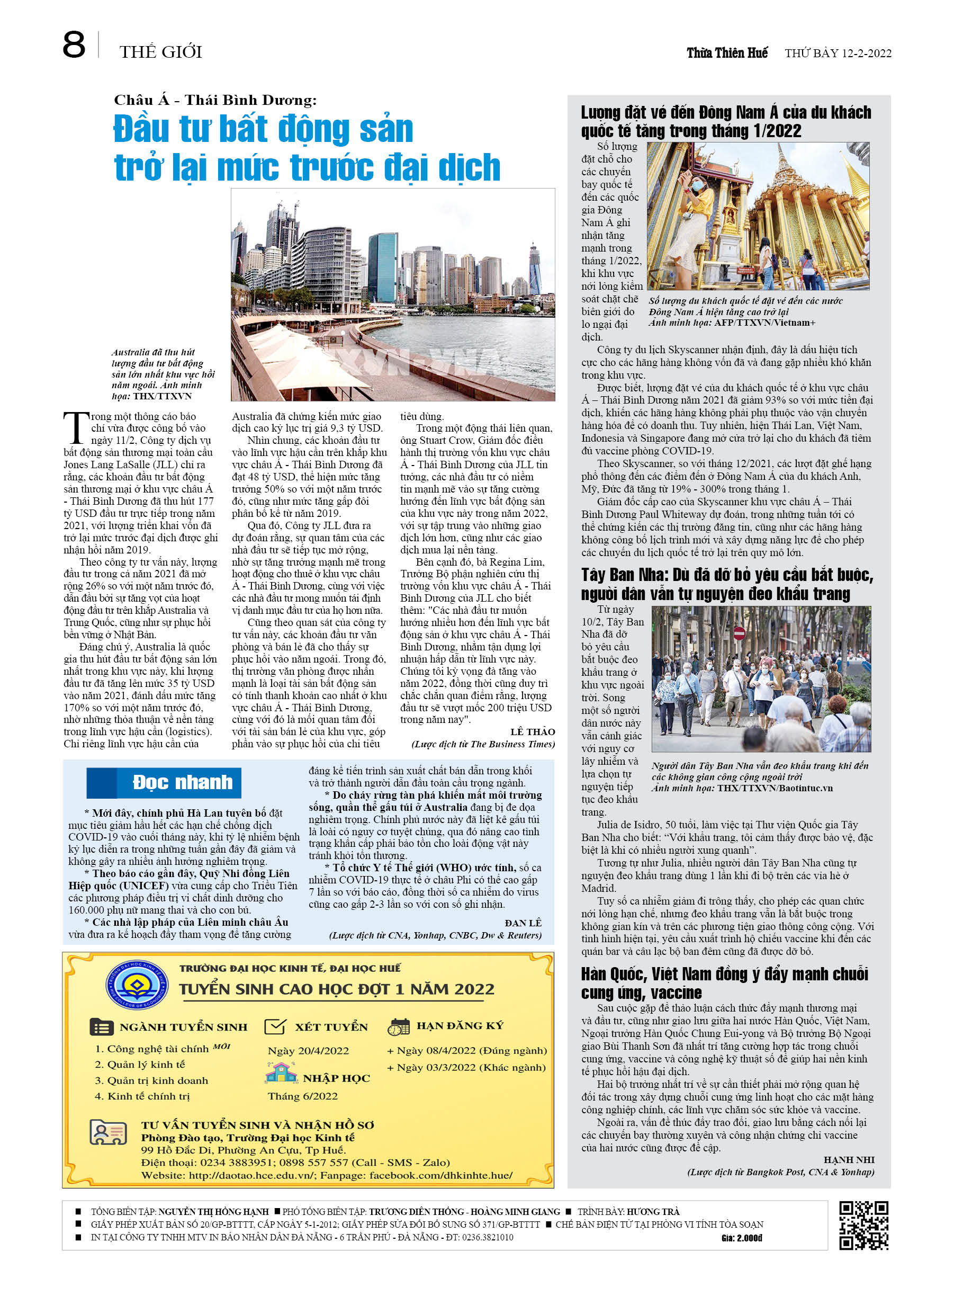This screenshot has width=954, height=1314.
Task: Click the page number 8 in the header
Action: (x=74, y=45)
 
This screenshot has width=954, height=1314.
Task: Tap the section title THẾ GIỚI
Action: (x=160, y=52)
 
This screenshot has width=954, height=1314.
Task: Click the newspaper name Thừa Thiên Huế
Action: (x=727, y=53)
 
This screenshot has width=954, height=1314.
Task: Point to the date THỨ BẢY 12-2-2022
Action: (x=838, y=53)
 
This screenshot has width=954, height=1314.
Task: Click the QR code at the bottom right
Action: (x=863, y=1225)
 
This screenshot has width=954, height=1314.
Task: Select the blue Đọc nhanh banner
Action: (x=164, y=783)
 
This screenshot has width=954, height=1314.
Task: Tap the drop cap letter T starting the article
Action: (x=75, y=428)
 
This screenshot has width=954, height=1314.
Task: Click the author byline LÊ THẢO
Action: (x=532, y=732)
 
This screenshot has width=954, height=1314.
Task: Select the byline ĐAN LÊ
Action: (x=523, y=923)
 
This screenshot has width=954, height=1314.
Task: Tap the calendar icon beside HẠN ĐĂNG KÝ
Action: (x=399, y=1026)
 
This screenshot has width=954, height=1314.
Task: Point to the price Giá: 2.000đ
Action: (x=742, y=1238)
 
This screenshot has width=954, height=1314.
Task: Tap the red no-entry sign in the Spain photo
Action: (x=739, y=633)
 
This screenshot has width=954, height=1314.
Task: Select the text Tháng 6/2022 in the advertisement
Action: (x=302, y=1096)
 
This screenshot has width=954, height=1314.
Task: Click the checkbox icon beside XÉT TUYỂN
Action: (x=275, y=1026)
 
